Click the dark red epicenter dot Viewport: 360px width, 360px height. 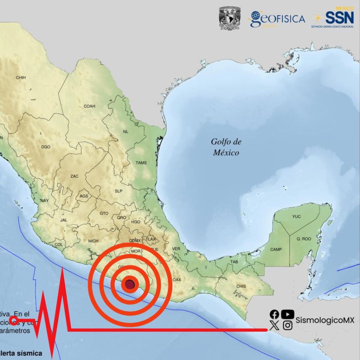(x=130, y=284)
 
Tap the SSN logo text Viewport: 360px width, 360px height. (x=339, y=17)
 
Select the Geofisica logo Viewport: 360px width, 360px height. (x=277, y=19)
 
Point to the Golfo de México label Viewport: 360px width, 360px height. (x=226, y=147)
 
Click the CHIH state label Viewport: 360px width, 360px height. (x=21, y=77)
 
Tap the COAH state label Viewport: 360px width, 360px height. (x=89, y=106)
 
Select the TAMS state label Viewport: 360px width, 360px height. (x=141, y=163)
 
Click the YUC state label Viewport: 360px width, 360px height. (x=296, y=217)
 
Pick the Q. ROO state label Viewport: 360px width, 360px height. (x=304, y=239)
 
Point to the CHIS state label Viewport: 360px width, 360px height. (x=241, y=286)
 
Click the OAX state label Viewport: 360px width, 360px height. (x=176, y=280)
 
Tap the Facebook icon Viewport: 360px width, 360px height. (x=275, y=315)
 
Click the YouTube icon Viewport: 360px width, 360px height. (x=288, y=314)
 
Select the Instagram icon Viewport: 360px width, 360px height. (x=288, y=326)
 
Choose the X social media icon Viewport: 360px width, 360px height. (x=275, y=326)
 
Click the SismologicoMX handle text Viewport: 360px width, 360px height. (x=325, y=320)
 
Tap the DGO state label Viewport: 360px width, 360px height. (x=46, y=147)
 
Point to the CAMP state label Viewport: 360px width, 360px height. (x=276, y=250)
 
